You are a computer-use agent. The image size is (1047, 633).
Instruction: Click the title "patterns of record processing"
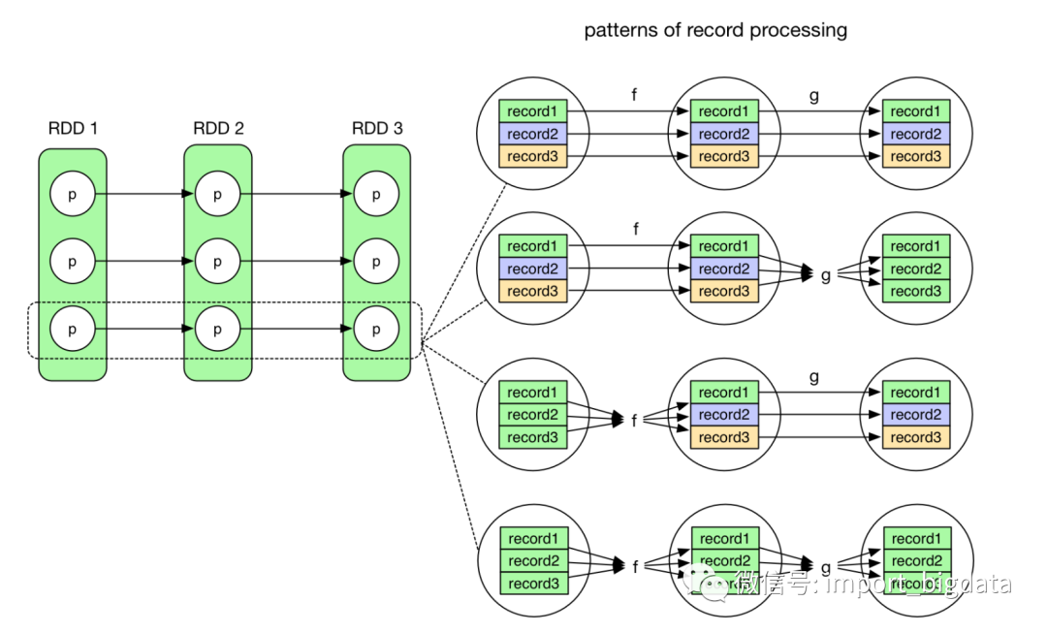(715, 30)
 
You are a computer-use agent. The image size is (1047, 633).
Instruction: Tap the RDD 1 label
(73, 128)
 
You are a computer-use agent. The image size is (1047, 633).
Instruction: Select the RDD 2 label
(218, 128)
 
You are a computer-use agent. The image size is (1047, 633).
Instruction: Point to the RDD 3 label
(377, 128)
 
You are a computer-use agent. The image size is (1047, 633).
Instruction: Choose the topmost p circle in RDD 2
(217, 194)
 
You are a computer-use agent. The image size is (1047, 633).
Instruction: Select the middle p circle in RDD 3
(376, 262)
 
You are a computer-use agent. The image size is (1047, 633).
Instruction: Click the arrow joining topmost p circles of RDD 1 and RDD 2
(145, 194)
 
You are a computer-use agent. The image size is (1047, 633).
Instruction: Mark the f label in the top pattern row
(636, 95)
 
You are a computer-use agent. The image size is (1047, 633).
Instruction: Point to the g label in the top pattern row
(814, 95)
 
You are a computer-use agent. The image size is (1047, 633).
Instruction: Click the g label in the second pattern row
(826, 275)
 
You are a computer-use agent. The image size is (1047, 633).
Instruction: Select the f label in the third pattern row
(635, 421)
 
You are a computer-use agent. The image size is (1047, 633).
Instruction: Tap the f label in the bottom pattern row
(635, 567)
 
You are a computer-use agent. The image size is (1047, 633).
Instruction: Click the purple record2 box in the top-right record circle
(915, 134)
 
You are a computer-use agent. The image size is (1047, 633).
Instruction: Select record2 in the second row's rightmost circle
(915, 269)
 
